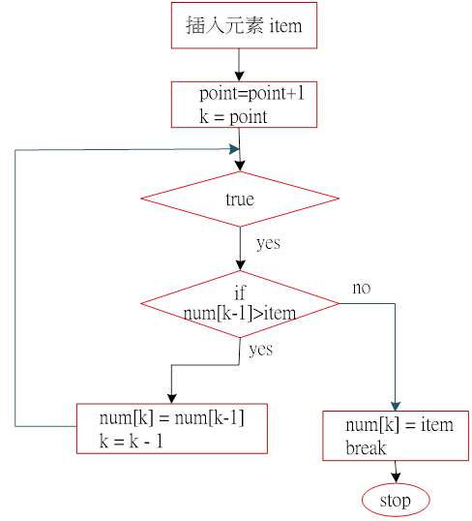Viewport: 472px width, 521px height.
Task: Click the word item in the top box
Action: (x=285, y=26)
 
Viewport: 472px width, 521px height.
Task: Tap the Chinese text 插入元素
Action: (x=224, y=25)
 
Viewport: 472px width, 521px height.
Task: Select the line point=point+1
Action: (x=251, y=93)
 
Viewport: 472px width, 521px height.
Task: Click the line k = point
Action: (x=233, y=117)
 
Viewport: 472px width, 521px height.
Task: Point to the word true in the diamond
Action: (x=240, y=199)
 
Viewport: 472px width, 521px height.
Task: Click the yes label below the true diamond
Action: (x=268, y=243)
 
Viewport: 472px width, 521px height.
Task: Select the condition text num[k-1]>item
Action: (x=240, y=314)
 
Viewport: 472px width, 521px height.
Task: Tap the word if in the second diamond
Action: (x=240, y=293)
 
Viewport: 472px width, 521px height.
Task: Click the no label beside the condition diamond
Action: (x=362, y=288)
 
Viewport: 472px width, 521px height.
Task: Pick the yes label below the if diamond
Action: (x=261, y=350)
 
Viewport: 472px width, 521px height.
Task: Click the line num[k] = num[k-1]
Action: (x=171, y=417)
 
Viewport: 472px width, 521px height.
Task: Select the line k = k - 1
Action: (x=132, y=442)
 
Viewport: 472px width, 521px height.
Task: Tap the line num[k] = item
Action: (x=399, y=425)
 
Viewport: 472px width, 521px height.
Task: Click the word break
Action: (x=366, y=448)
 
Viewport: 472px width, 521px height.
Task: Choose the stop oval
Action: (x=396, y=500)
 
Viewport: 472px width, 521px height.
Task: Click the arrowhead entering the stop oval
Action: (x=396, y=477)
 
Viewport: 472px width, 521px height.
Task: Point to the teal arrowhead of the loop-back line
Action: (x=234, y=149)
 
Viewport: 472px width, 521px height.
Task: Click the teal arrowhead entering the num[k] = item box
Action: (x=396, y=407)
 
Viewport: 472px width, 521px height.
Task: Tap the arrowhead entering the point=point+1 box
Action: (x=239, y=77)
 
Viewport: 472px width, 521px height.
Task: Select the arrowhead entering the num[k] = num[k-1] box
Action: (x=171, y=399)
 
